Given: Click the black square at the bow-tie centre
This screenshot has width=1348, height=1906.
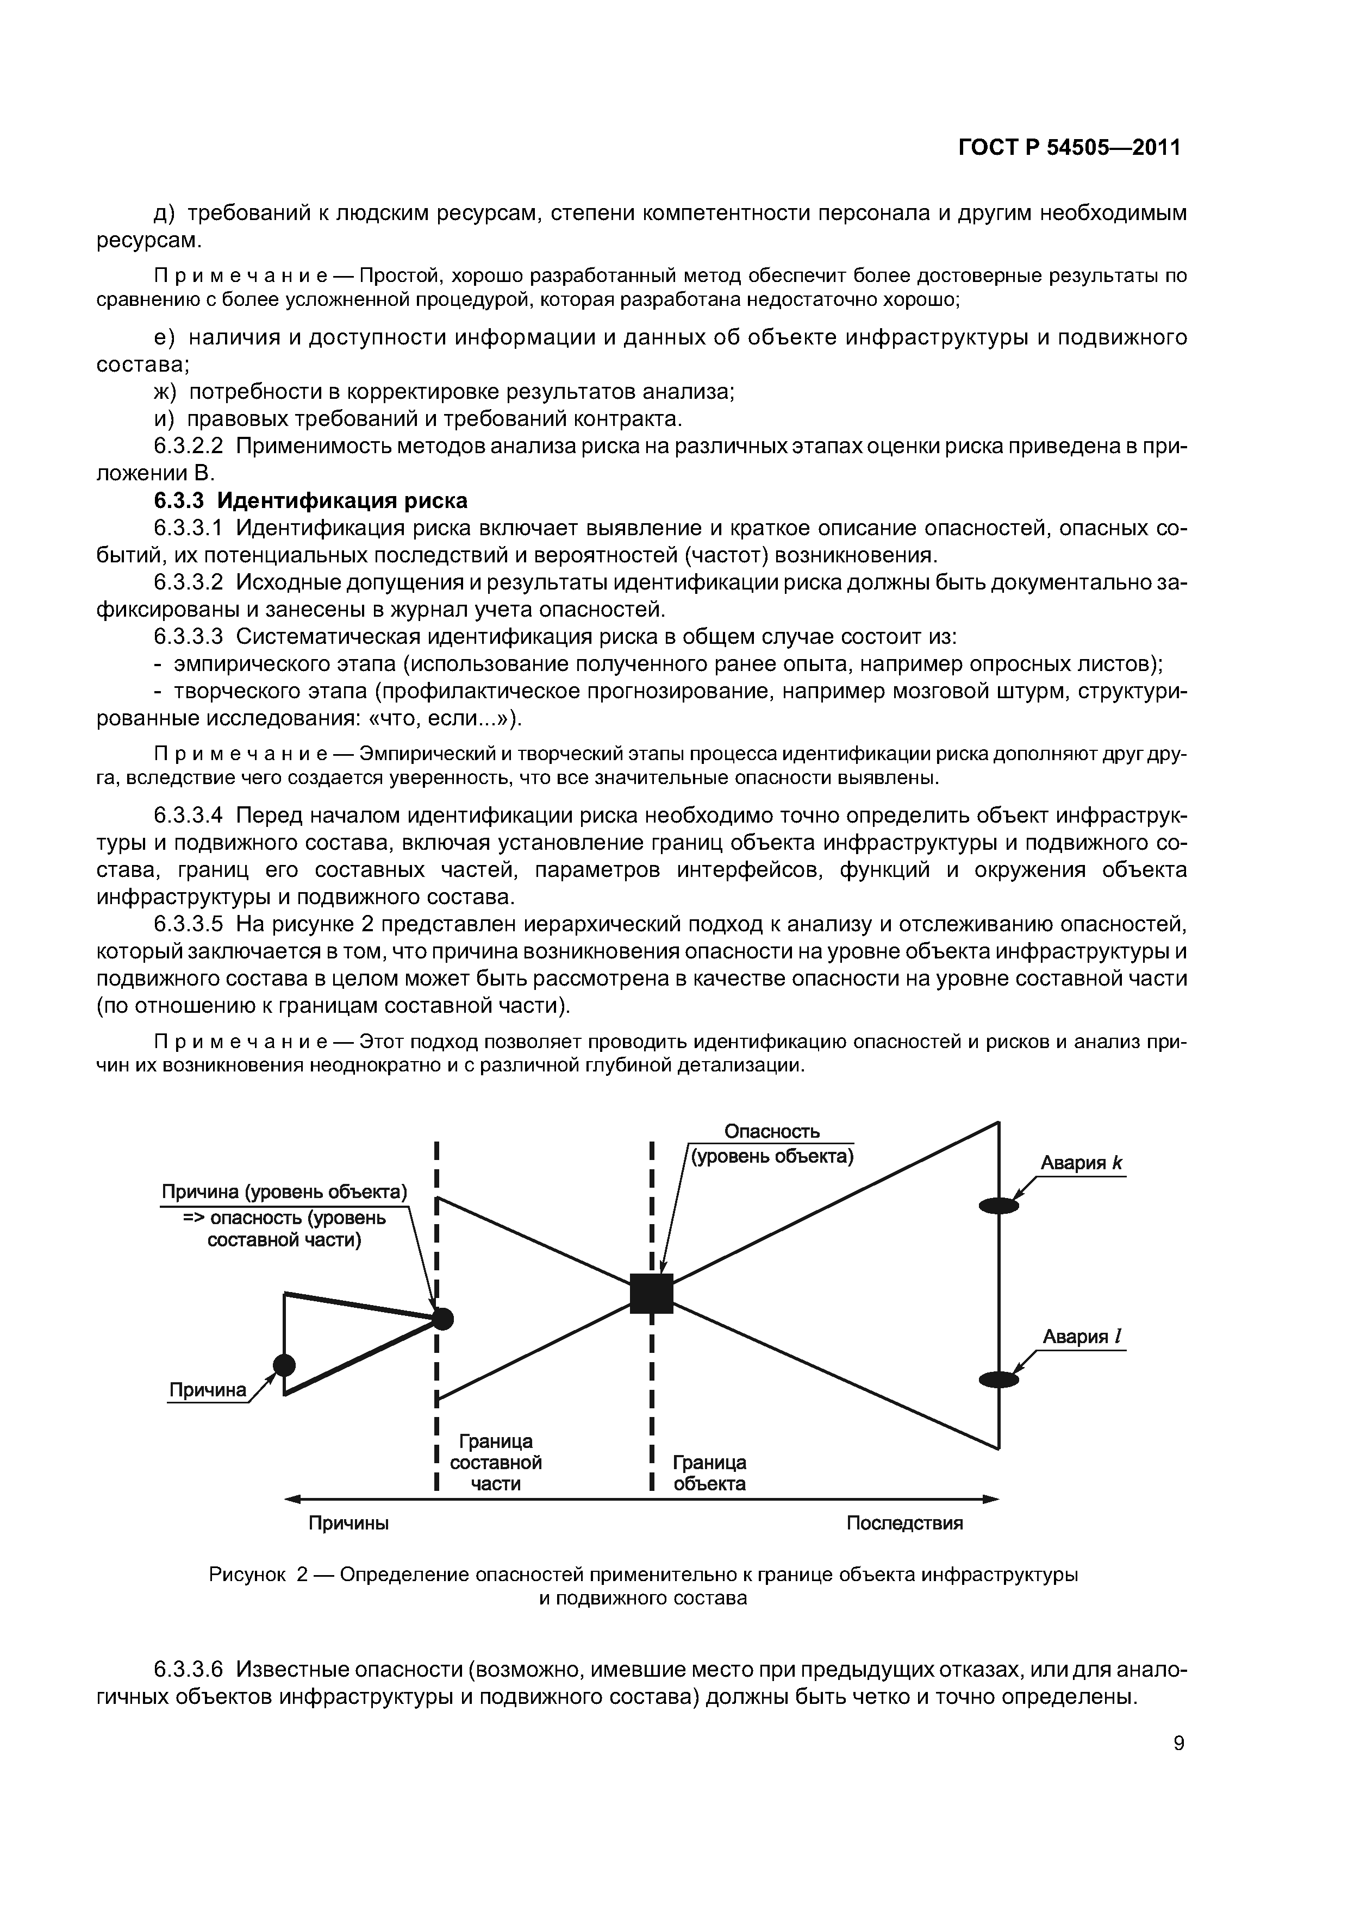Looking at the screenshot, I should tap(651, 1293).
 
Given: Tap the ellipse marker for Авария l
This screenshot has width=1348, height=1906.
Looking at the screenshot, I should tap(998, 1380).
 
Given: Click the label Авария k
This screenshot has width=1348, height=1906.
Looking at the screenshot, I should tap(1082, 1163).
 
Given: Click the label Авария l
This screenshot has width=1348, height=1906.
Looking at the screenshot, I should tap(1082, 1337).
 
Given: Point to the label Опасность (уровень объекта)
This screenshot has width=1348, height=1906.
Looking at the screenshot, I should tap(772, 1144).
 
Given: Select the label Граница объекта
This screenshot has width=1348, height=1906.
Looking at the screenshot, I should tap(709, 1472).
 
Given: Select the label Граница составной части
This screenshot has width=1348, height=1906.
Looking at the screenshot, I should tap(496, 1462).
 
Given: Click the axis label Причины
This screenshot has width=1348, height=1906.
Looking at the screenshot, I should tap(349, 1523).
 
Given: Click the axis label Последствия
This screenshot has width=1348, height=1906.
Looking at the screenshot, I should tap(904, 1523).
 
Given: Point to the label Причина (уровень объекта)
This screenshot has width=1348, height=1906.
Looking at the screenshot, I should tap(284, 1193).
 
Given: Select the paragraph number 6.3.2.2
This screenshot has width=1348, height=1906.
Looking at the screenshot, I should tap(189, 446).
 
